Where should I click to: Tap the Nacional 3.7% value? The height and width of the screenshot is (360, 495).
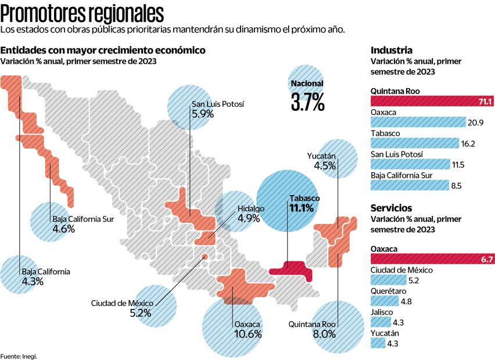coord(307,96)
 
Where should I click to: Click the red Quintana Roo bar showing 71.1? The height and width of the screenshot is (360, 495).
coord(432,102)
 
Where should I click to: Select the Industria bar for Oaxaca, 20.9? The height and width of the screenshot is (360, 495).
coord(418,121)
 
